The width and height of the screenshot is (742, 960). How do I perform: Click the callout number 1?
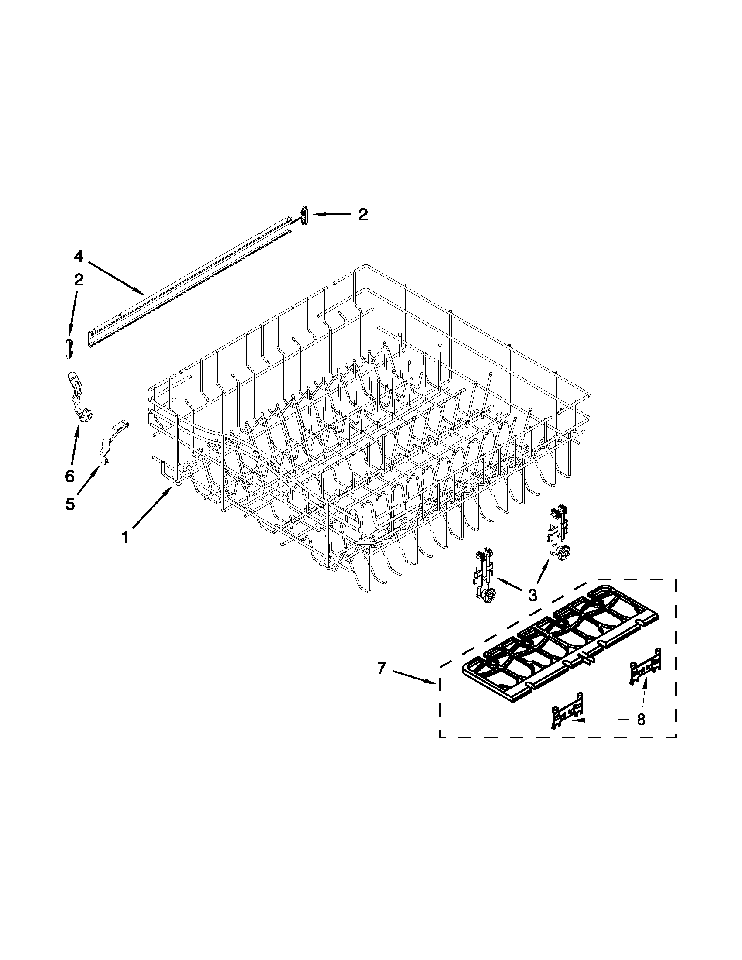(125, 537)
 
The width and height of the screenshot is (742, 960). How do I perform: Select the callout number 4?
(78, 255)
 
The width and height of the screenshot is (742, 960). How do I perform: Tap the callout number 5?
(70, 504)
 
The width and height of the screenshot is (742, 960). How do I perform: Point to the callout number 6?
(69, 476)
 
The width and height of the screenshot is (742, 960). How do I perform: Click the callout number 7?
(381, 669)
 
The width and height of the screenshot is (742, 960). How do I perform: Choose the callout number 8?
(641, 720)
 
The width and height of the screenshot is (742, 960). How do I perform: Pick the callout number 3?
(532, 595)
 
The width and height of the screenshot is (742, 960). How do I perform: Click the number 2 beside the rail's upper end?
(362, 215)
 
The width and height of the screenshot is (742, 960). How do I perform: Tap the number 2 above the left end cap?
(78, 280)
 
